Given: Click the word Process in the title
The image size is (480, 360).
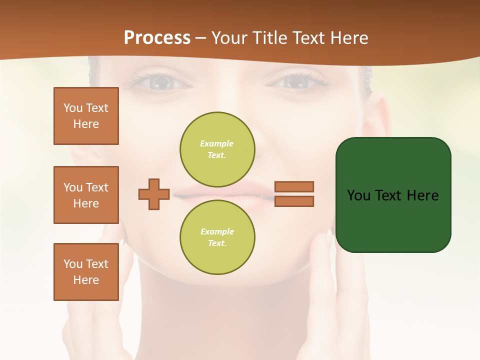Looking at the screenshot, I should point(157,38).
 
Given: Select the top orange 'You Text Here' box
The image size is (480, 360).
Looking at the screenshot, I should point(86,116).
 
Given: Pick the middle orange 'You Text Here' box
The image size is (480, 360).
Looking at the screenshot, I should point(86,195).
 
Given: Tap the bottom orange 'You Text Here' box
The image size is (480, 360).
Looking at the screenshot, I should point(86,271).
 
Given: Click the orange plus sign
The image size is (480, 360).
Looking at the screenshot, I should point(154,194).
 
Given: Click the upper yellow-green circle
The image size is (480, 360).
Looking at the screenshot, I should point(217,149).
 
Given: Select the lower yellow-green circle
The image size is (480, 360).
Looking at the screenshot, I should point(217,237).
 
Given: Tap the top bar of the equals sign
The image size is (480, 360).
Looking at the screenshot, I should point(294,186).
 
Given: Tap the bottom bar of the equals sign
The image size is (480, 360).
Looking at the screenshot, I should point(294,201).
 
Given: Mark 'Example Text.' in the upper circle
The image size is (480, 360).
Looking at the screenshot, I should point(217,149).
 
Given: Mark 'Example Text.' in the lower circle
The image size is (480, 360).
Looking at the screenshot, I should point(217,237).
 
